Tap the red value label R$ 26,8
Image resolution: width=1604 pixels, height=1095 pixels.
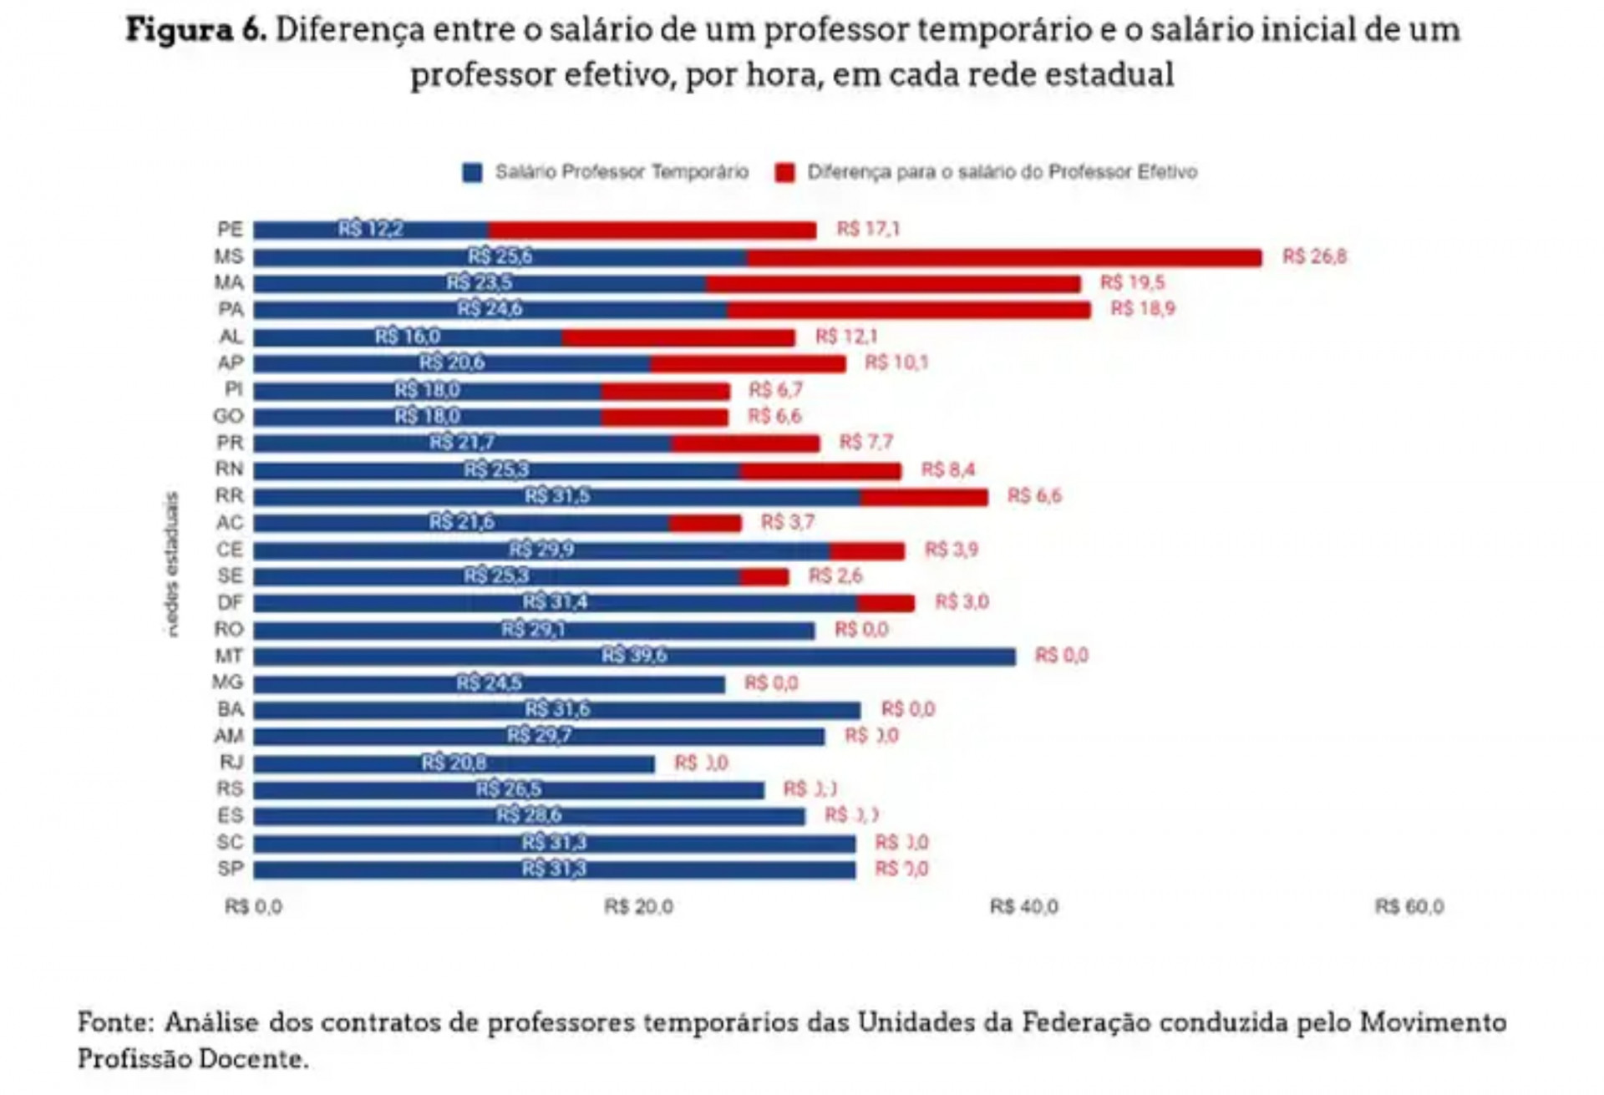pos(1314,256)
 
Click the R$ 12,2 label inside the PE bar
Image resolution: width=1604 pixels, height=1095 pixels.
pos(370,229)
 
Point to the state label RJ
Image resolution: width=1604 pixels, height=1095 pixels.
pos(231,763)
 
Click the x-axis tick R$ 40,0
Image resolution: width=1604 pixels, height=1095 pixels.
pos(1023,907)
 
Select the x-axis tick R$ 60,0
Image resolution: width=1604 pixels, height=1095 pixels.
pos(1409,907)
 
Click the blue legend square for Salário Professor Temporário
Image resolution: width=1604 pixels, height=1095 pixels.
pos(472,173)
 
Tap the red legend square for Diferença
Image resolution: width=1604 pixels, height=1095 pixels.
pos(784,173)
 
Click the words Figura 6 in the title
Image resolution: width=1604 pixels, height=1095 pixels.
pos(195,31)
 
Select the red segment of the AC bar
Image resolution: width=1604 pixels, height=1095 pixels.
pos(704,524)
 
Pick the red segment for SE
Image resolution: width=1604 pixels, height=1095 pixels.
pos(764,577)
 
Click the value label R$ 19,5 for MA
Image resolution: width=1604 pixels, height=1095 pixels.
pos(1132,283)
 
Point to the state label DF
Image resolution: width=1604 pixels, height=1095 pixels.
pos(230,603)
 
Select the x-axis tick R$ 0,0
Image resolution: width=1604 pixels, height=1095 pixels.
pos(253,907)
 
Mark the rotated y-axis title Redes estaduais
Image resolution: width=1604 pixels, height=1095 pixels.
pos(172,565)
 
